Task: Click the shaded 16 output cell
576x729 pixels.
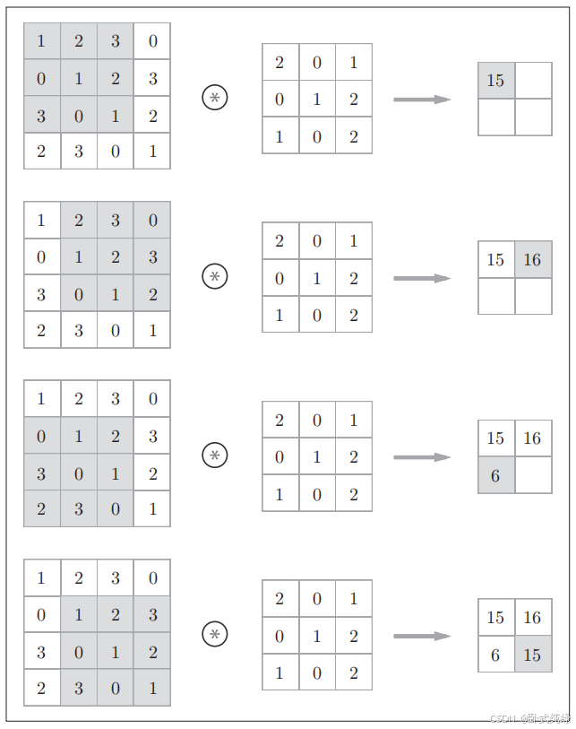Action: click(x=533, y=260)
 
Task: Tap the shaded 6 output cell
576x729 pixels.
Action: click(x=496, y=475)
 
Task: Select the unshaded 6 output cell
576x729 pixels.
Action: click(x=496, y=655)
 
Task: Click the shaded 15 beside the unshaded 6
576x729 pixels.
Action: click(x=533, y=655)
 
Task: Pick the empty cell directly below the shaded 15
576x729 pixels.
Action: click(x=496, y=117)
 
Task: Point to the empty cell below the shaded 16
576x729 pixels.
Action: click(x=533, y=296)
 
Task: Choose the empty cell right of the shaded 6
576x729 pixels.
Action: click(x=533, y=475)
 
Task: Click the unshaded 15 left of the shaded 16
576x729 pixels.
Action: click(x=496, y=260)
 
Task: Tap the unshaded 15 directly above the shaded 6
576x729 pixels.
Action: click(x=496, y=438)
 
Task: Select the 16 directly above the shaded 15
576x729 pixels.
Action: click(x=533, y=618)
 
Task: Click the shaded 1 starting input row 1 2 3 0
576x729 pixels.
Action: click(x=41, y=41)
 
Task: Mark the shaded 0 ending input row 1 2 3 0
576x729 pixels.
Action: click(x=152, y=220)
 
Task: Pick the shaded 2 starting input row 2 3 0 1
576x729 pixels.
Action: click(x=41, y=508)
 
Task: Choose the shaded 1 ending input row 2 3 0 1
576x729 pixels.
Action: click(x=152, y=688)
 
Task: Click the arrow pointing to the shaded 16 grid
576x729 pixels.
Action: click(x=421, y=278)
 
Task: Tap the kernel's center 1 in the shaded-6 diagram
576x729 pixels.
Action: click(x=317, y=456)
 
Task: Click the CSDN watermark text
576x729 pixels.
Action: click(x=529, y=719)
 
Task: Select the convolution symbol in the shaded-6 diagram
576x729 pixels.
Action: click(x=215, y=456)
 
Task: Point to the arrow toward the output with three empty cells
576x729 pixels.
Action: click(x=421, y=99)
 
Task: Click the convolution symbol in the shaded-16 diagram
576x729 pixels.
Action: click(x=215, y=277)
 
